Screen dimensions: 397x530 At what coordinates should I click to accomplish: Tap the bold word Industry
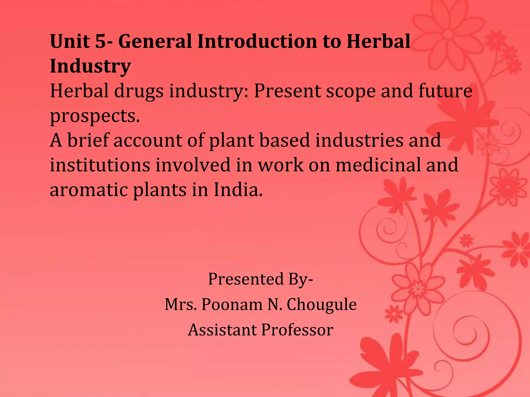coord(90,66)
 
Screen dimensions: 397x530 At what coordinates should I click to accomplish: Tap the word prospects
coord(95,116)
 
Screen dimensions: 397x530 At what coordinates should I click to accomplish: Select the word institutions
coord(100,165)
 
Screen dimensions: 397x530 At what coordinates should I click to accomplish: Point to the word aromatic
coord(89,190)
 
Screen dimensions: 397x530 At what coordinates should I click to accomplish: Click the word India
coord(238,190)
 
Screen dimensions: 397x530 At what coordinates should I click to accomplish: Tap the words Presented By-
coord(260,279)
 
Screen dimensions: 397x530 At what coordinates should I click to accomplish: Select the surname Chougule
coord(321,304)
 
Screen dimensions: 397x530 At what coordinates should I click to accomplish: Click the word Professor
coord(297,330)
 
